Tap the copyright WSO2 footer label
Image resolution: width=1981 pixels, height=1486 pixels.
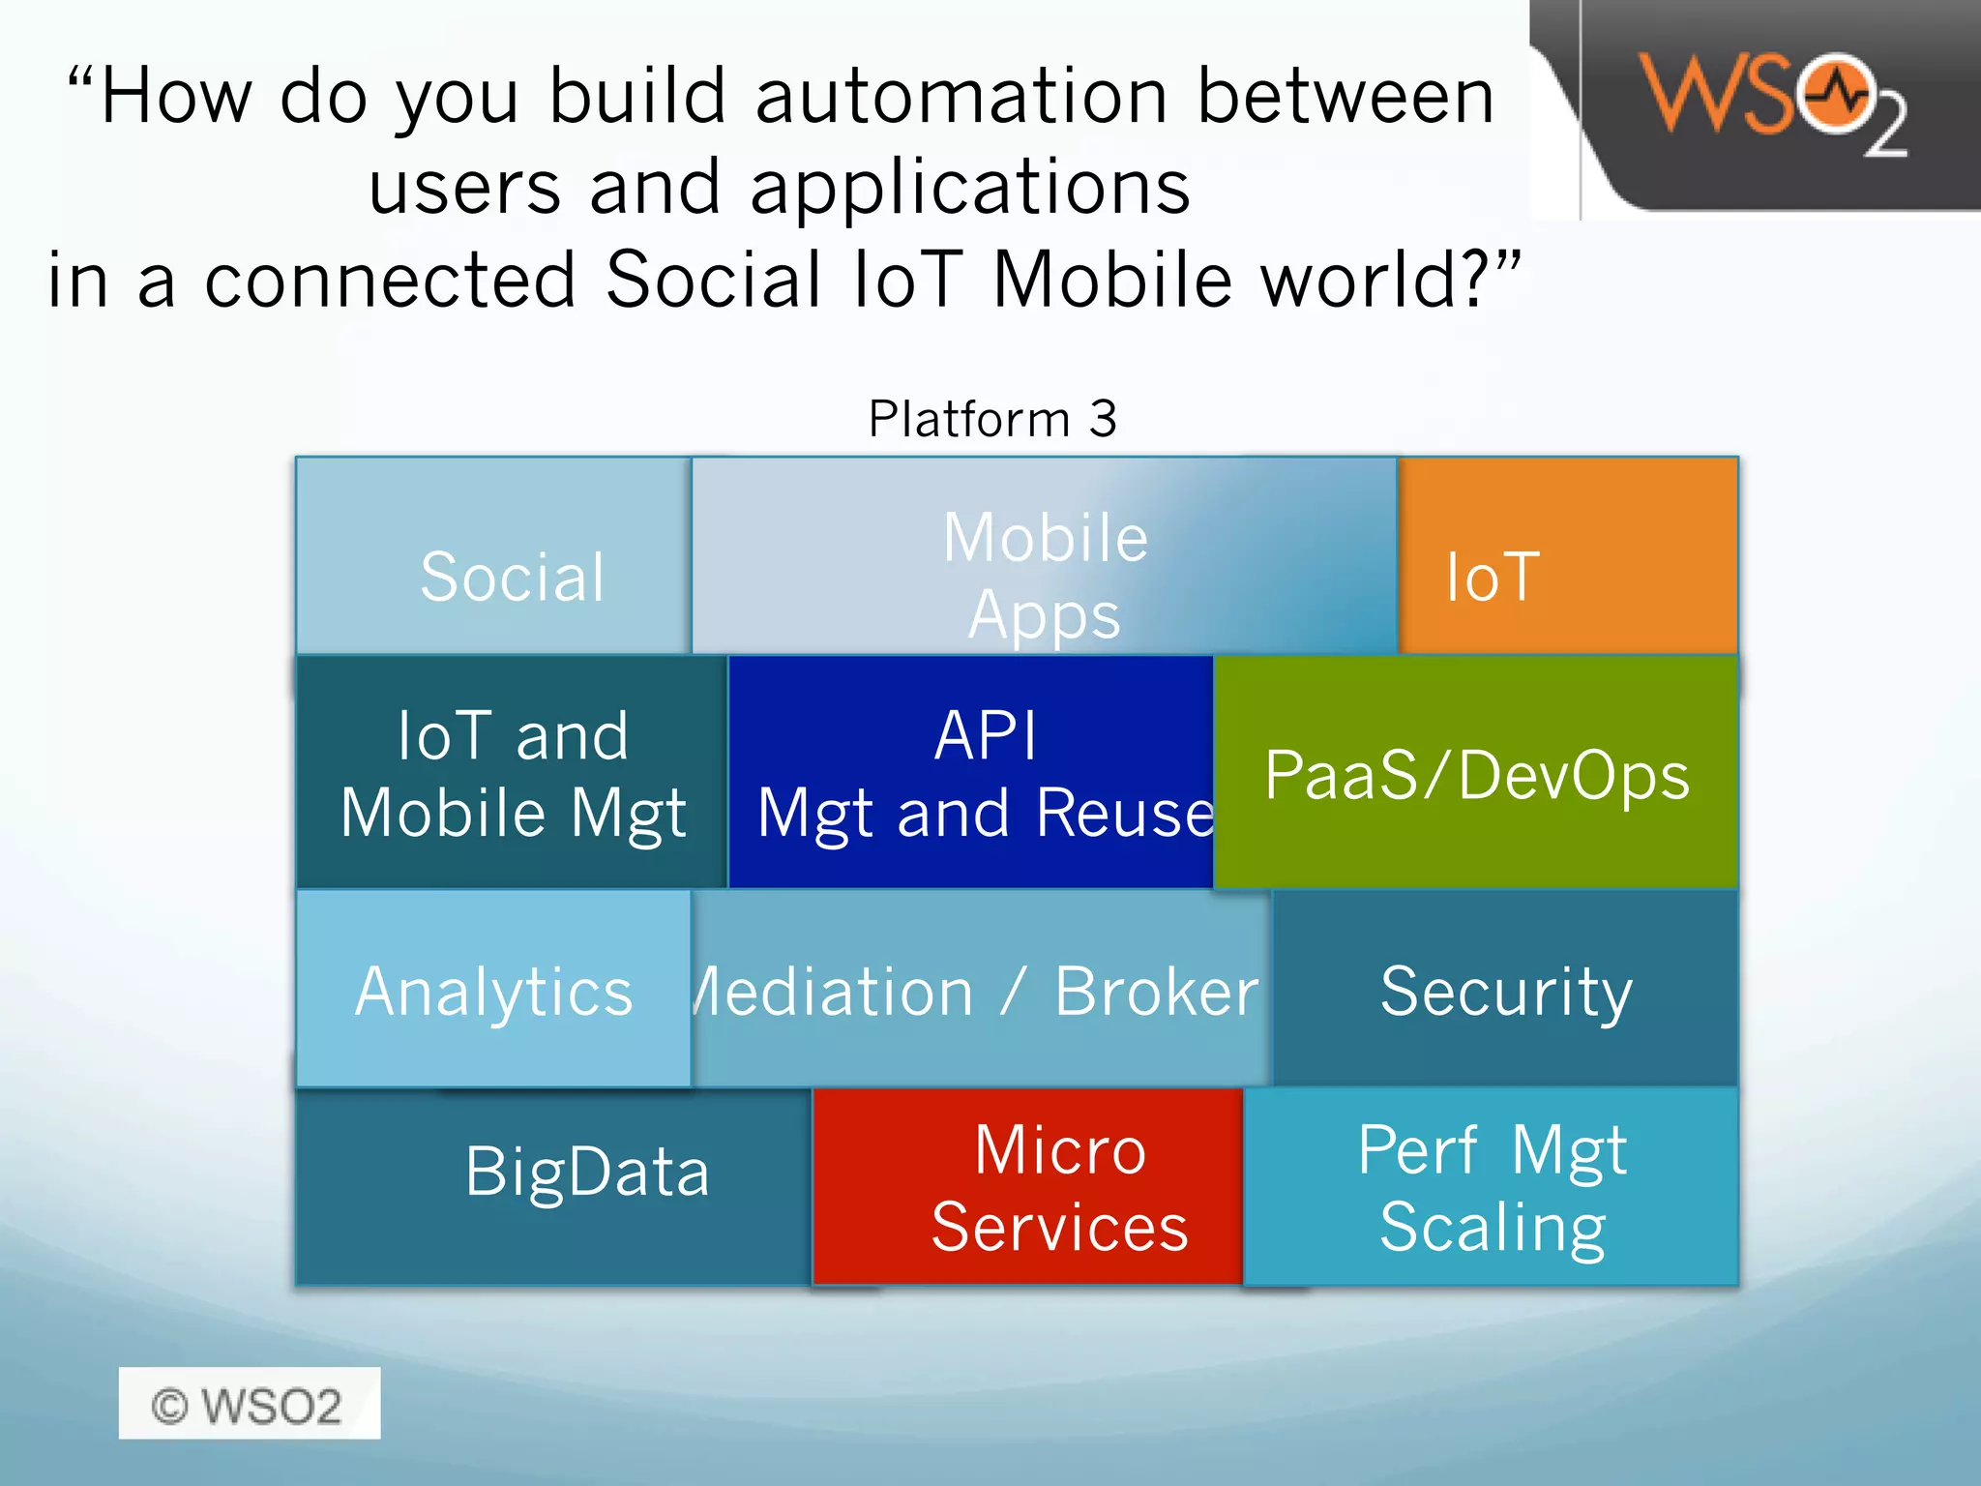(249, 1405)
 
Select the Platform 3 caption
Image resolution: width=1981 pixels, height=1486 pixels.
(992, 419)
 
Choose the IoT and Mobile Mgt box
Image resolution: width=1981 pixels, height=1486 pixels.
(513, 772)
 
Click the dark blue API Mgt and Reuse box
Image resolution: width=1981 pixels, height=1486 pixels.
(972, 772)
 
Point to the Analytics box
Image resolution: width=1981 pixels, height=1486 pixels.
(494, 990)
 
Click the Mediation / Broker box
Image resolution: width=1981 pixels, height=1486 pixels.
(979, 990)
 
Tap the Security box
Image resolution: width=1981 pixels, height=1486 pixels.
(1505, 990)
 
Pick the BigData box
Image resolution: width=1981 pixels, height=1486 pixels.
(554, 1185)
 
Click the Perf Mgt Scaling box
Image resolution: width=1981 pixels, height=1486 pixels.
(1492, 1187)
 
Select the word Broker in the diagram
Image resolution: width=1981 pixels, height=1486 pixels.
(1157, 993)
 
